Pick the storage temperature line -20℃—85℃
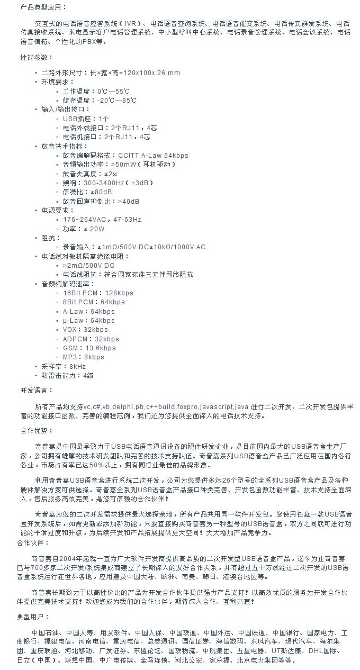[98, 100]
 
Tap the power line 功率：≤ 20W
[84, 229]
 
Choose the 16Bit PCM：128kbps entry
[98, 293]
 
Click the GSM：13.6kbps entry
[89, 348]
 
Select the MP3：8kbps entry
[83, 357]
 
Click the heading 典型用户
[33, 617]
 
